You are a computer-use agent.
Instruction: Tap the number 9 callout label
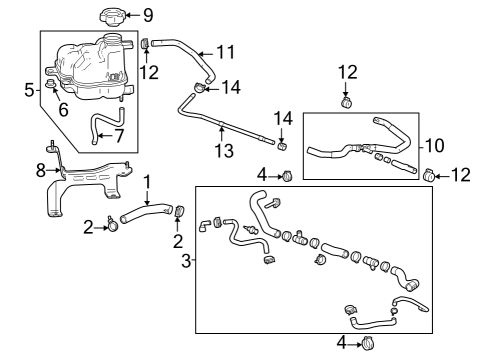pos(149,15)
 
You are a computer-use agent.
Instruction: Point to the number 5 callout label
pos(30,89)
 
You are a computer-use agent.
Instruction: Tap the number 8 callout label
pos(41,171)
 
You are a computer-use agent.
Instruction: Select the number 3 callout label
pos(186,261)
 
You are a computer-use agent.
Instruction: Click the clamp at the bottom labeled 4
pos(369,343)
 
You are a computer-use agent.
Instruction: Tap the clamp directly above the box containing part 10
pos(347,101)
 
